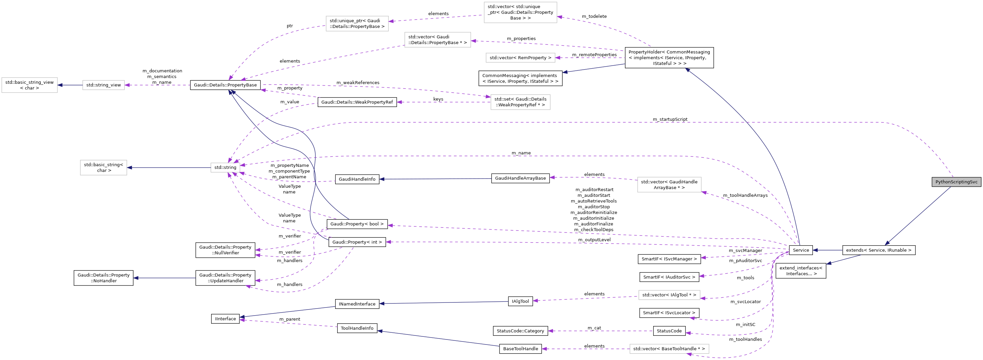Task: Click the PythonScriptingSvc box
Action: pos(956,182)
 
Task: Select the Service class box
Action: pos(800,250)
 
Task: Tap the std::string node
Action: pos(225,167)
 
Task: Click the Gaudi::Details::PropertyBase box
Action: pos(225,85)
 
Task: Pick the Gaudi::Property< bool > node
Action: pos(357,224)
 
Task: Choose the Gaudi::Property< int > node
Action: pos(357,242)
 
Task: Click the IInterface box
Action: pos(225,319)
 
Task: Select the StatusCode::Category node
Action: pos(520,331)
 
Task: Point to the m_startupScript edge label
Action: pos(670,119)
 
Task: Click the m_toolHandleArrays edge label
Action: pos(745,195)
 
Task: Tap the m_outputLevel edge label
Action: pos(594,240)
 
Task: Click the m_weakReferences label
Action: pos(358,82)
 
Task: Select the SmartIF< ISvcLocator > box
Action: pos(669,313)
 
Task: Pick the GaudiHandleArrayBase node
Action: pos(520,178)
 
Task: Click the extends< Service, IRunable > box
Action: pos(878,250)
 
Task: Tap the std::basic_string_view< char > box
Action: pos(29,85)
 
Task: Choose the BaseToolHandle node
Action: pos(520,349)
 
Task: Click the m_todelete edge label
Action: pos(594,16)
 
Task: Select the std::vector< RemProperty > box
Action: pos(520,58)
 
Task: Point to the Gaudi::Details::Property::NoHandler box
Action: pos(104,278)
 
